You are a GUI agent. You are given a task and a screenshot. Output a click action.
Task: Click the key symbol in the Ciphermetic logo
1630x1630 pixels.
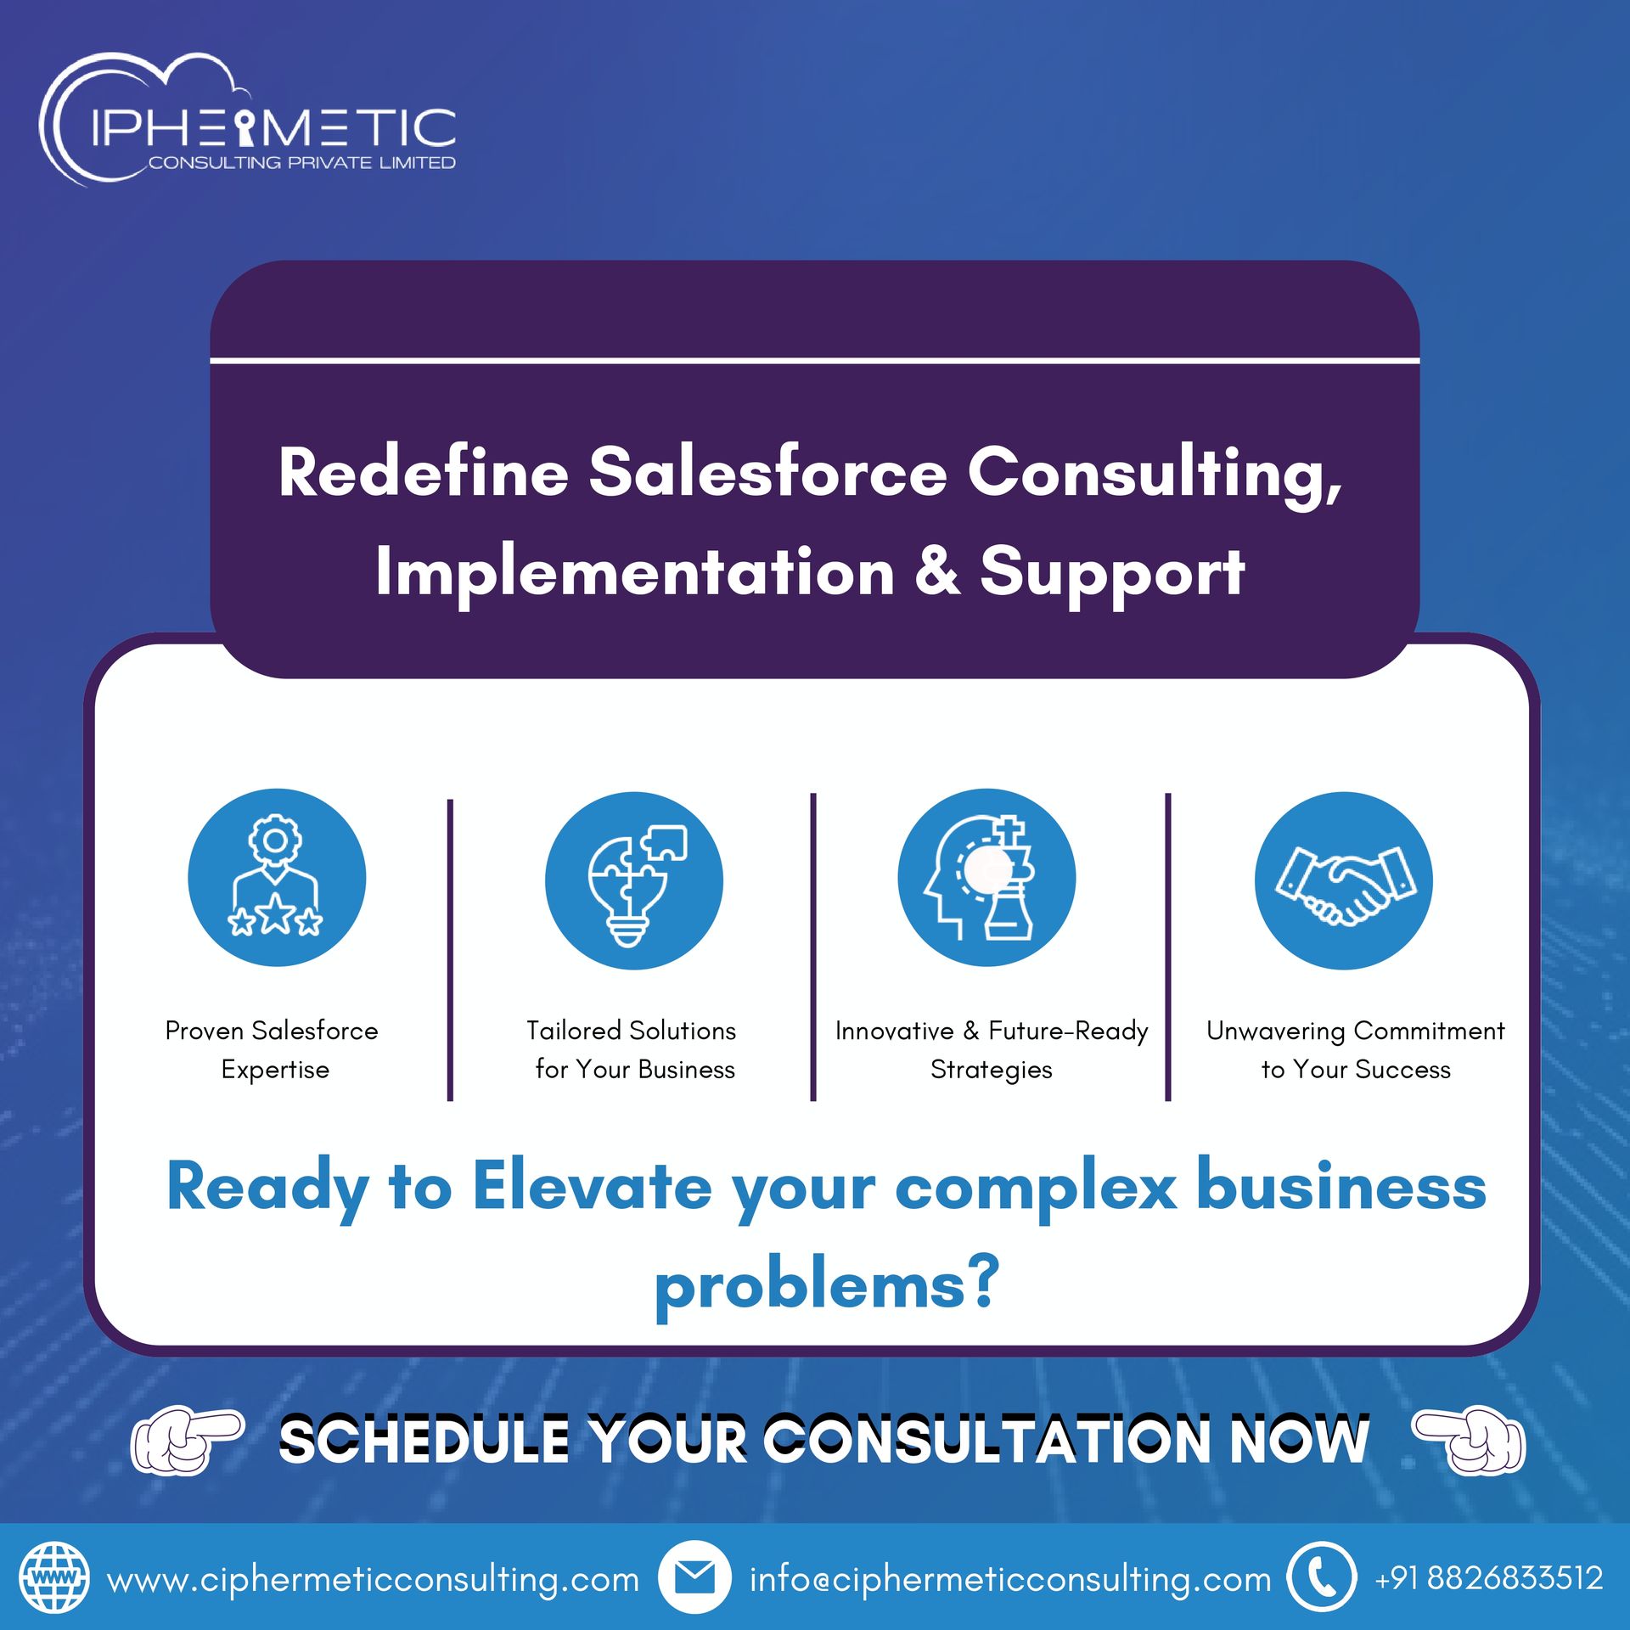(245, 128)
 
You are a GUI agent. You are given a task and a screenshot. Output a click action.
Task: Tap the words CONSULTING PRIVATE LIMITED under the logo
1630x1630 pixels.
(302, 162)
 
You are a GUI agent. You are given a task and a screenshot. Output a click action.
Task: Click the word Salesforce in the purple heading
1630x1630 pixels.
(767, 472)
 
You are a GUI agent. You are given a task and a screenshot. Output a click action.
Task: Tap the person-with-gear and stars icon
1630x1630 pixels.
(277, 877)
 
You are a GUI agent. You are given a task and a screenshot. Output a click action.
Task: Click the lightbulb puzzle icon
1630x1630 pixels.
(634, 880)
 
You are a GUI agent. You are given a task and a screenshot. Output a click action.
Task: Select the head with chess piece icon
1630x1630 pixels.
(986, 877)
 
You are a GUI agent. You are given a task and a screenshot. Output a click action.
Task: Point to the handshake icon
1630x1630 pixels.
(1344, 880)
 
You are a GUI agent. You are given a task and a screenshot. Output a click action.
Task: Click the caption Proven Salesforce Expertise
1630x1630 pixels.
(273, 1049)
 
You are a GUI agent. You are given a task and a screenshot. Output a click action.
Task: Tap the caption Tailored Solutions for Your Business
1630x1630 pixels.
(632, 1049)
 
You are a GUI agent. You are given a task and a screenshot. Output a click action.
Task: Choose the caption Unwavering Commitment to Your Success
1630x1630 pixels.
(1356, 1049)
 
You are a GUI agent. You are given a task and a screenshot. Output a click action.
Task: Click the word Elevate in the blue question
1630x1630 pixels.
(592, 1186)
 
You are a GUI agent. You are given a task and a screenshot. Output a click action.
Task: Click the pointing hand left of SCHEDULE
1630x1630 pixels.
(187, 1439)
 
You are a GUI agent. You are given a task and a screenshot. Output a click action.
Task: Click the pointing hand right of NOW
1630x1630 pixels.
(1469, 1439)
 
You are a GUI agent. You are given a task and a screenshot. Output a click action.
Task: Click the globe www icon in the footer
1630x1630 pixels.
(54, 1578)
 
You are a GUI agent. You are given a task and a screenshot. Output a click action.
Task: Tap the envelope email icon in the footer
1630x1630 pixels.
(694, 1577)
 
